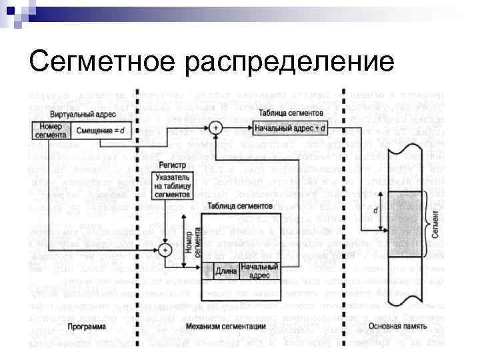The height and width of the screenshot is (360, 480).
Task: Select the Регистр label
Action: [171, 163]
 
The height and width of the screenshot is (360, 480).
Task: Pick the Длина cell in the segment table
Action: [225, 272]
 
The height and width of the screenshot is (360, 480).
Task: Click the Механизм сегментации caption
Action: [234, 327]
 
